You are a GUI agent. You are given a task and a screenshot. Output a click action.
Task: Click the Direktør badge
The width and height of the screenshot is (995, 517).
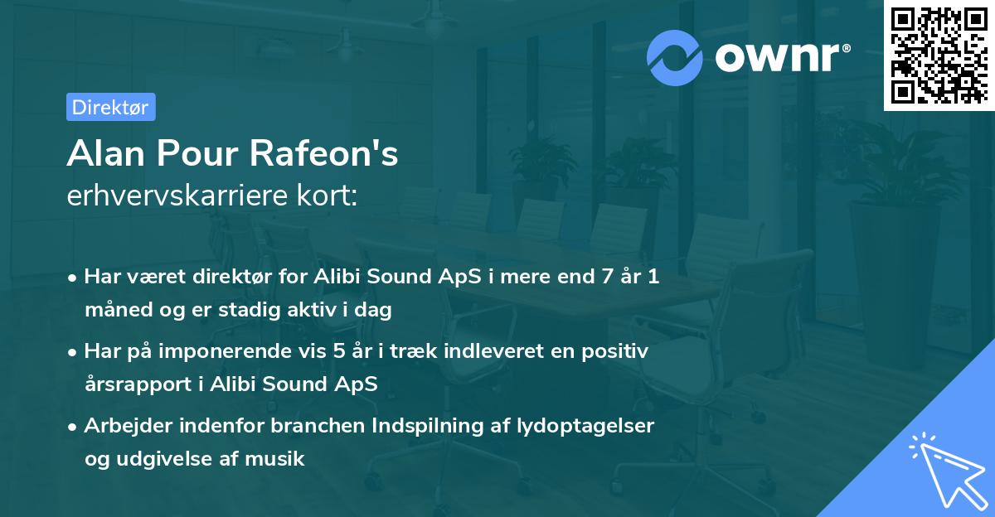(x=110, y=107)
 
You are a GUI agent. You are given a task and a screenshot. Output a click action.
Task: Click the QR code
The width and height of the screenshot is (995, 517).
(x=939, y=55)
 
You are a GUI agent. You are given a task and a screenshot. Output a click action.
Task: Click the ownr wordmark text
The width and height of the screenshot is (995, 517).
(x=780, y=56)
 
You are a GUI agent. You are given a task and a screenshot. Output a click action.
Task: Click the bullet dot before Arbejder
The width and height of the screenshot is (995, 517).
(x=73, y=426)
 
